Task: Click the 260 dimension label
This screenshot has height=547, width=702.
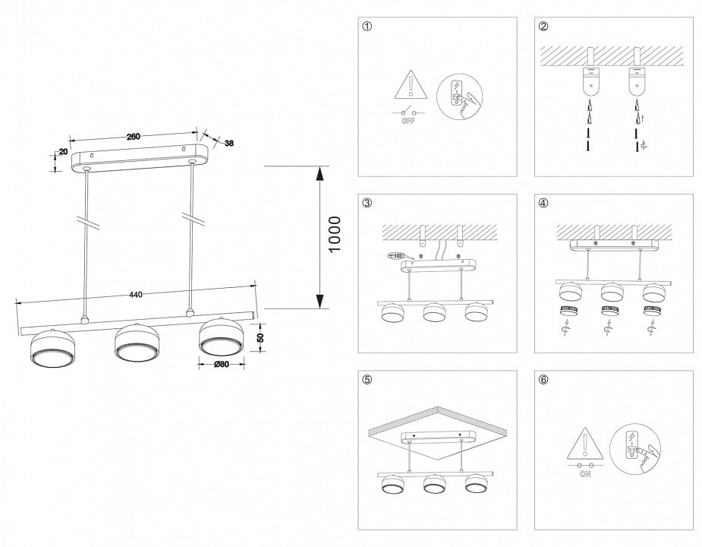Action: pyautogui.click(x=133, y=137)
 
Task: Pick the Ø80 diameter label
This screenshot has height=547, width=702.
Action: pyautogui.click(x=222, y=365)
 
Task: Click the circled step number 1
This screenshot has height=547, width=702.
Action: pyautogui.click(x=367, y=27)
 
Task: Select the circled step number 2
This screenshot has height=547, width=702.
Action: pyautogui.click(x=543, y=27)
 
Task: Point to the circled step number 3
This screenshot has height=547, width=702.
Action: pyautogui.click(x=367, y=203)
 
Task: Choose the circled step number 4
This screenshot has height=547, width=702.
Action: pyautogui.click(x=543, y=203)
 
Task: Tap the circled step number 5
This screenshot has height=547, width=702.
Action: pyautogui.click(x=367, y=380)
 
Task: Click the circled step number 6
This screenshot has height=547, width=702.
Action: pyautogui.click(x=543, y=380)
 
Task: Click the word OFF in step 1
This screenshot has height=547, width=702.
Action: pyautogui.click(x=409, y=120)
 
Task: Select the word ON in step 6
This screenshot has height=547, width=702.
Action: pyautogui.click(x=585, y=473)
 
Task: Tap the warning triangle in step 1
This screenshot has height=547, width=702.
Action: pyautogui.click(x=409, y=85)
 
